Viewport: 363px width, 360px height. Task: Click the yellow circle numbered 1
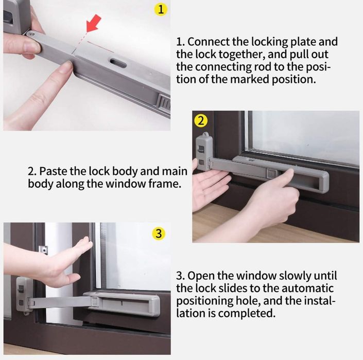click(x=161, y=10)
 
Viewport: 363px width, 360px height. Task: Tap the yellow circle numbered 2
click(x=200, y=121)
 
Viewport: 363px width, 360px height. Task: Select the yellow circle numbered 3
click(x=159, y=233)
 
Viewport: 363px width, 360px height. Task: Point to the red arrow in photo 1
click(x=93, y=23)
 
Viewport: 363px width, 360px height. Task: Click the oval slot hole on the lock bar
click(x=118, y=63)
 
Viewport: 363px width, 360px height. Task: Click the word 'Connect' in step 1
click(x=209, y=42)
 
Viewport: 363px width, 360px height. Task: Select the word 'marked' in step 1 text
click(x=250, y=79)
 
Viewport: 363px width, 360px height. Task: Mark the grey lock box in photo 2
click(x=204, y=151)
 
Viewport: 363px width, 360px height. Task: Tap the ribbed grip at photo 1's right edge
click(x=164, y=103)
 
